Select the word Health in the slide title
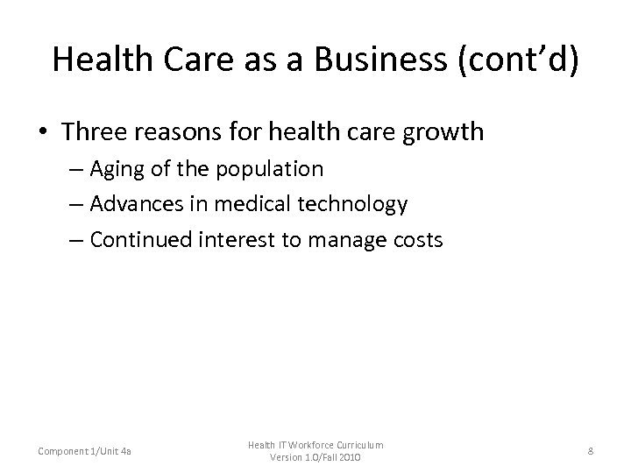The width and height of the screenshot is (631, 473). point(95,60)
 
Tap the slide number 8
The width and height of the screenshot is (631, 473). point(592,450)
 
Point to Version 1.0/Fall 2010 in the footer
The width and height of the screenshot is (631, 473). point(315,458)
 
